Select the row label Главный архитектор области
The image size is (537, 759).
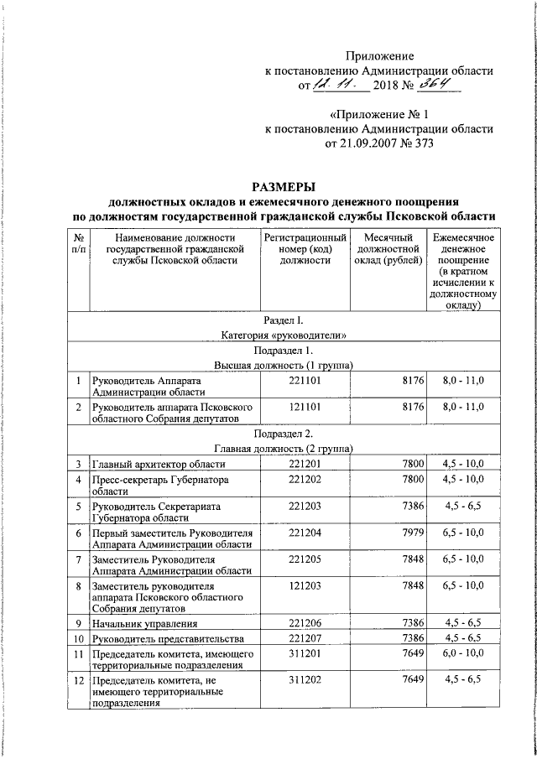pos(159,464)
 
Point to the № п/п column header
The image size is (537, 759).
pos(78,243)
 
